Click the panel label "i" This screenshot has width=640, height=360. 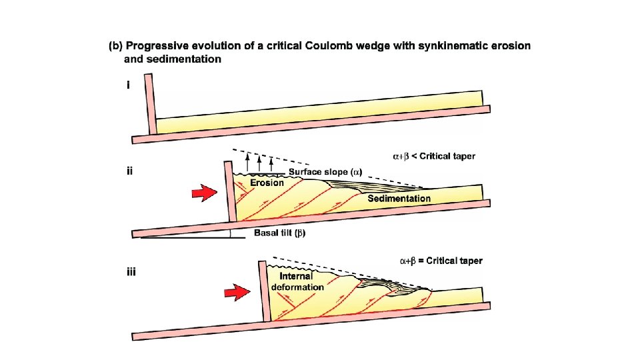(128, 86)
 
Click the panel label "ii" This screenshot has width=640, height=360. (130, 170)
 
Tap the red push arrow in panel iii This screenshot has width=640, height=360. (235, 292)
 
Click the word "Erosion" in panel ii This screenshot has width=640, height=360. (267, 182)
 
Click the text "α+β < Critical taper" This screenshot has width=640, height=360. (433, 157)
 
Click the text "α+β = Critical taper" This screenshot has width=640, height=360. (441, 261)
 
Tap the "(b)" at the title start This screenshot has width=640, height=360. (115, 46)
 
